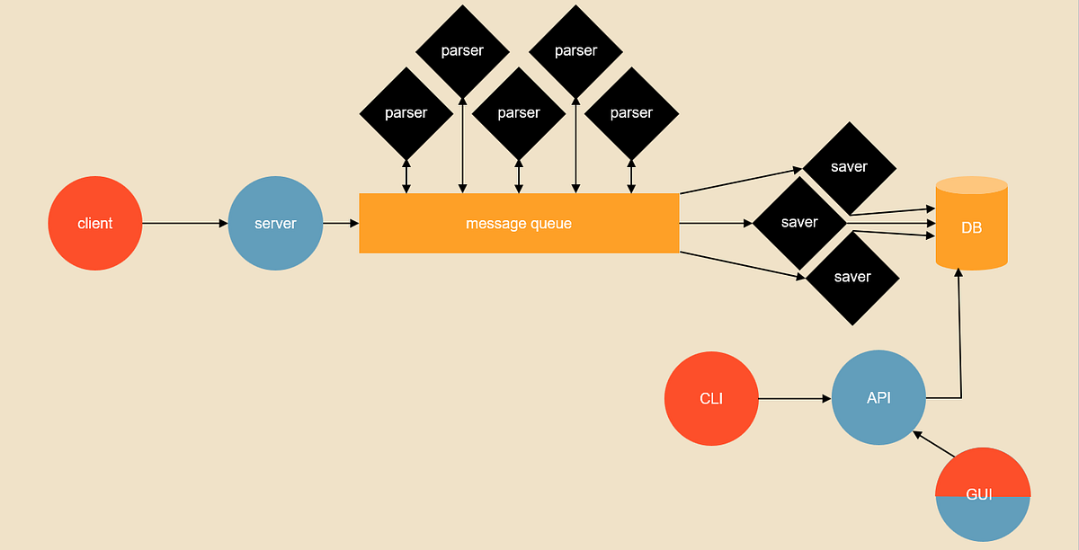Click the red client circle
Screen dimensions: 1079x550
click(95, 223)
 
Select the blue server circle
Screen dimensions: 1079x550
click(275, 223)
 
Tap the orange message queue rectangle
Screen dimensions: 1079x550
click(520, 223)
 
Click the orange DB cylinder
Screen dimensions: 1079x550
click(972, 224)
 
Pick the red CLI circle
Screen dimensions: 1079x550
click(711, 398)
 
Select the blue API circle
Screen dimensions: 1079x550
click(878, 397)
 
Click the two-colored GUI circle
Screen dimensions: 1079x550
click(983, 494)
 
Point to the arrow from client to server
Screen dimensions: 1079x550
click(185, 223)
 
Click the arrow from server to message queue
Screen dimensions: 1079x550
click(341, 223)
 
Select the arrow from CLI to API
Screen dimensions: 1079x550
click(795, 398)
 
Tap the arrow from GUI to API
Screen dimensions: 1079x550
click(933, 444)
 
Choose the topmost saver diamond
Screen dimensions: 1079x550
click(849, 168)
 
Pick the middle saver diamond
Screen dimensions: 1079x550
click(799, 223)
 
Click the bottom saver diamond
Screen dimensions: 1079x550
click(852, 279)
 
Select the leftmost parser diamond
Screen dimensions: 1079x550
click(406, 113)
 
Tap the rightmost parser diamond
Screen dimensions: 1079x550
click(631, 113)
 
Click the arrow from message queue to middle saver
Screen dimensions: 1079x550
click(716, 223)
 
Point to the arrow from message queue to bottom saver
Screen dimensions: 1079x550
click(743, 265)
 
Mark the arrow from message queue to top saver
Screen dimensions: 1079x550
click(741, 181)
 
